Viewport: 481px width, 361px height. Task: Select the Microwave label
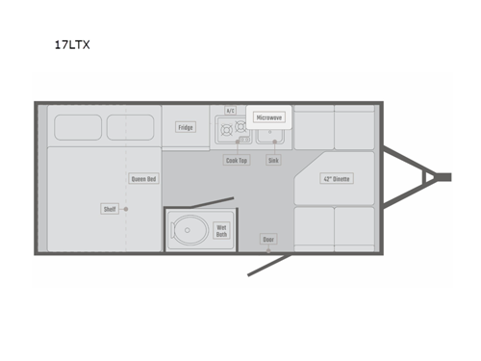click(x=268, y=117)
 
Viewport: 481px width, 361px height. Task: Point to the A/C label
click(x=231, y=111)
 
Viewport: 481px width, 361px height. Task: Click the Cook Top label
click(x=237, y=160)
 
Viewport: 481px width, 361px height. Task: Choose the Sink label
click(x=273, y=160)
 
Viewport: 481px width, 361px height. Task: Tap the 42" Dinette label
click(x=336, y=178)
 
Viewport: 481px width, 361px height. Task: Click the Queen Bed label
click(x=143, y=178)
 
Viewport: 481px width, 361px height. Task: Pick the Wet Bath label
click(x=221, y=231)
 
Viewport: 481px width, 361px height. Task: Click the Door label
click(x=267, y=238)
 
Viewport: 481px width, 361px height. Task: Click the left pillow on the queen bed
click(x=77, y=127)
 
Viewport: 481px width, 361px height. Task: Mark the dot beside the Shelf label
click(x=125, y=209)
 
